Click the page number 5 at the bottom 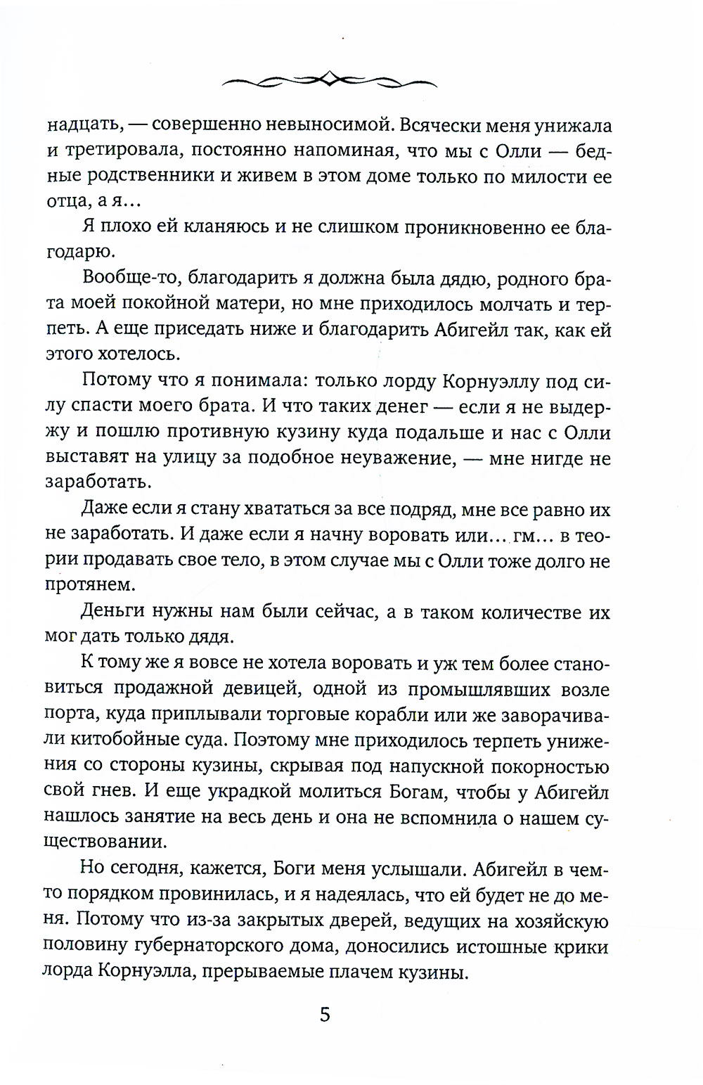(x=324, y=1015)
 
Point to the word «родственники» (x=154, y=176)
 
